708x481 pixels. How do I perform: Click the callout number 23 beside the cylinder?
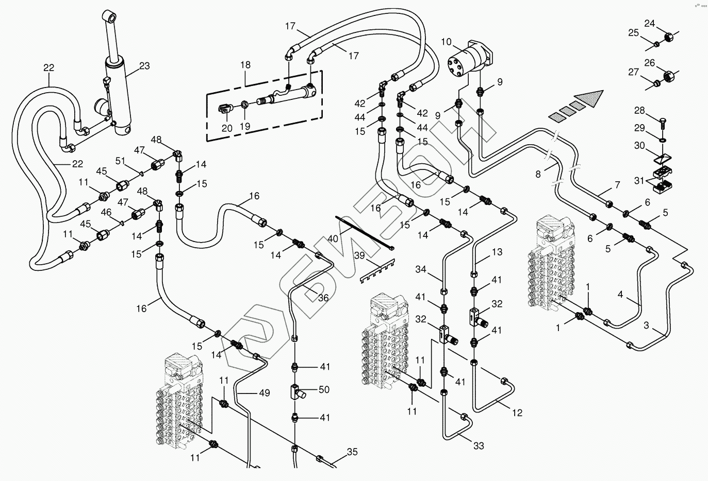click(144, 65)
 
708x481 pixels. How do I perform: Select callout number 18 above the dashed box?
click(245, 65)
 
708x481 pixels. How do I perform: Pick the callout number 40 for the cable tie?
click(334, 238)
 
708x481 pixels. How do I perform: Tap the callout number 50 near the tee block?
click(324, 390)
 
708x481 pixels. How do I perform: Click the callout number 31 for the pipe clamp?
click(639, 180)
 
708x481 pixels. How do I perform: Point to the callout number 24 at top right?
click(650, 23)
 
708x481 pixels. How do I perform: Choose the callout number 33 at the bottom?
click(479, 445)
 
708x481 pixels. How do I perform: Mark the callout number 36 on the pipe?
click(323, 298)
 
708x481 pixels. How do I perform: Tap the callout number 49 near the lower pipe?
click(265, 393)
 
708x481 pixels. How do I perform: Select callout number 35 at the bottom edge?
click(352, 452)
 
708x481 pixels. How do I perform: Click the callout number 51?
click(120, 161)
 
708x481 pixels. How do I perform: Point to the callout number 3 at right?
click(646, 325)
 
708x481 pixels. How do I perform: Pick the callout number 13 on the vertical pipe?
click(497, 252)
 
